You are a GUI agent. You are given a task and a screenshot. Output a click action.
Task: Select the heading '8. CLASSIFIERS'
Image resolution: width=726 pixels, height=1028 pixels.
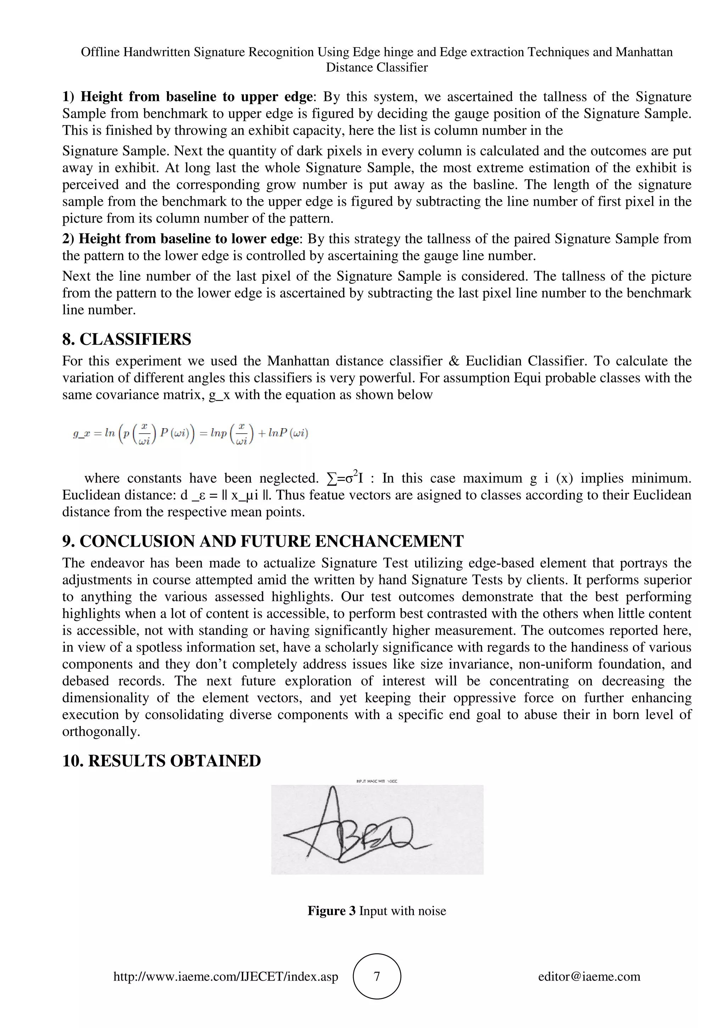coord(127,339)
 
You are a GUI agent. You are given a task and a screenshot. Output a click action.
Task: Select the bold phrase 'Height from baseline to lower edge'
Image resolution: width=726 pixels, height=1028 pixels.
coord(188,239)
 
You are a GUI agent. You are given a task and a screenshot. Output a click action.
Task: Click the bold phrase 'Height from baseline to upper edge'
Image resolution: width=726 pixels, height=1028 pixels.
coord(196,97)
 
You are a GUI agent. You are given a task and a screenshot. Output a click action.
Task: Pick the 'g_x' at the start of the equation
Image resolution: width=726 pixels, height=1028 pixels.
coord(82,433)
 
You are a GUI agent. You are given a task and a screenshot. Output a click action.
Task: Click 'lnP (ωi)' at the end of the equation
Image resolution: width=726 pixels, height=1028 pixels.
coord(289,433)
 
